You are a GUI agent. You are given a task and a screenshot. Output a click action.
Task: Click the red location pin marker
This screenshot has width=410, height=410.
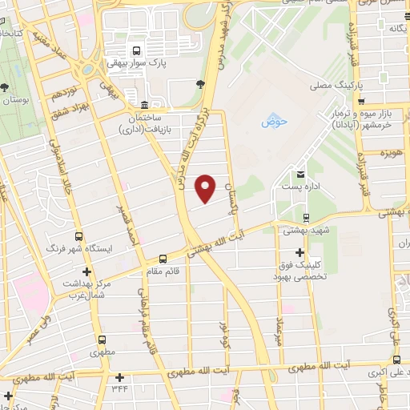tap(206, 187)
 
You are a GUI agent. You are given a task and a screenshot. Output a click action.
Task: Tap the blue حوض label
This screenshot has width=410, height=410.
tap(274, 123)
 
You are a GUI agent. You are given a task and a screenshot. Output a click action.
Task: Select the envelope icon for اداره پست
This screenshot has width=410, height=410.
tap(301, 173)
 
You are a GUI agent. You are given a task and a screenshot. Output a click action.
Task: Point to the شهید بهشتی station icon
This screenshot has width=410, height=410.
tap(306, 218)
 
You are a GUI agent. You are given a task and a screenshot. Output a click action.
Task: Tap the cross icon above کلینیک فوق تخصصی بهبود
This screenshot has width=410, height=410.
tap(300, 253)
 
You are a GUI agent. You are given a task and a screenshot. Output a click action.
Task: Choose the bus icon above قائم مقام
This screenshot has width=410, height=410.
tap(163, 259)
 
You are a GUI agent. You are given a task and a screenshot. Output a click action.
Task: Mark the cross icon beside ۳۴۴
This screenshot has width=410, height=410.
tap(119, 376)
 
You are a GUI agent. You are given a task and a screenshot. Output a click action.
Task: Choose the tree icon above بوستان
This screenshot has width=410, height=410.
tap(6, 89)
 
